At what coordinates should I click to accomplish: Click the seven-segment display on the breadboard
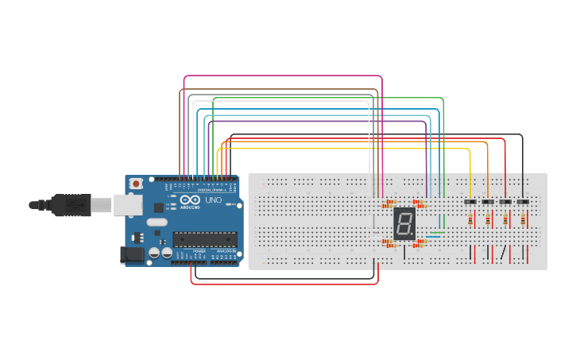tap(404, 224)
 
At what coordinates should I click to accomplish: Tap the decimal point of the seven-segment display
tap(412, 236)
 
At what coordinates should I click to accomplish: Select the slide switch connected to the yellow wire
tap(470, 203)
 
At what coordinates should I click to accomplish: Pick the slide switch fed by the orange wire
tap(488, 203)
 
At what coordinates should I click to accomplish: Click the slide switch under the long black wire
tap(523, 203)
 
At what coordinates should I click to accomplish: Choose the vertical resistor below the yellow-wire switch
tap(470, 219)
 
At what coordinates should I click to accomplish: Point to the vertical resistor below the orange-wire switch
tap(488, 219)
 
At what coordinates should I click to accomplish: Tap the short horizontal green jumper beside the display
tap(435, 232)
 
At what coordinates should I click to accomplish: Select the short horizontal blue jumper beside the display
tap(435, 237)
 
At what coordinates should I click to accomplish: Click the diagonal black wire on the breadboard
tap(502, 254)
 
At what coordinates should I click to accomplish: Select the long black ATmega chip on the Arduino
tap(205, 238)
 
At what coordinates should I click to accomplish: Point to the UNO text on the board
tap(213, 200)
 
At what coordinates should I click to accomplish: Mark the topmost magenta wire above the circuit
tap(282, 76)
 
